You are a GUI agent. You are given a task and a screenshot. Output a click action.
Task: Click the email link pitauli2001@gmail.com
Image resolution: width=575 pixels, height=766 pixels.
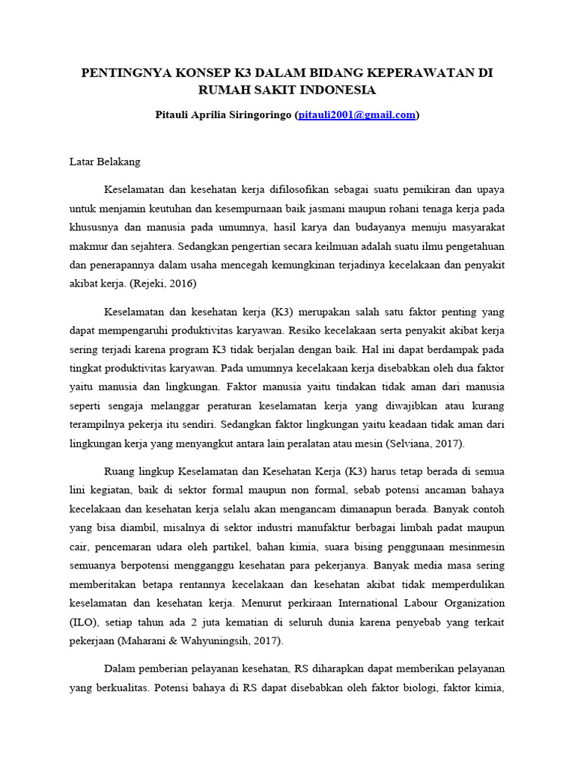[356, 115]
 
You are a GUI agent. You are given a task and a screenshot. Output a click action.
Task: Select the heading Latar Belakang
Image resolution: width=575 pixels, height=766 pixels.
[105, 161]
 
